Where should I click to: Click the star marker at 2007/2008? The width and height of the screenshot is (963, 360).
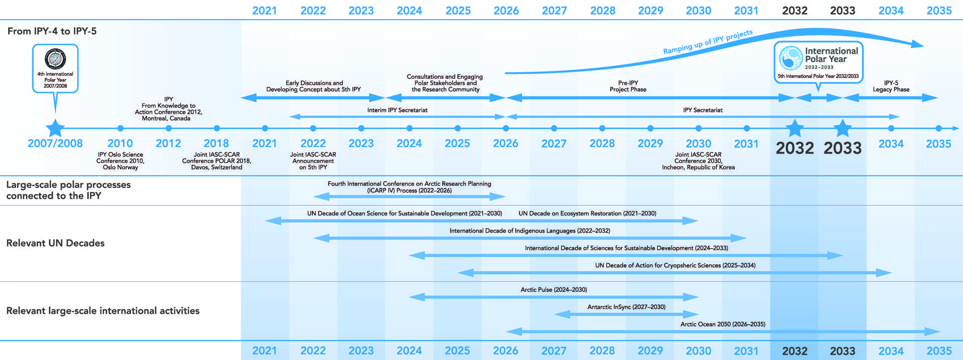(x=55, y=128)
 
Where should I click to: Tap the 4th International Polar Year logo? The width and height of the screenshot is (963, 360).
(x=55, y=59)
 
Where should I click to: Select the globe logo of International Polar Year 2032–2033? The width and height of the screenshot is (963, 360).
(x=791, y=58)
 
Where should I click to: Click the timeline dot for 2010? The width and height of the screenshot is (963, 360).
(x=120, y=128)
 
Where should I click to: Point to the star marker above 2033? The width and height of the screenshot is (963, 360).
(x=843, y=128)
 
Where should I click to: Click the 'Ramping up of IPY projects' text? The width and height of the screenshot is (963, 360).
(x=708, y=42)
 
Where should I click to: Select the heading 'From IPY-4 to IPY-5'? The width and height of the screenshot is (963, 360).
(x=52, y=31)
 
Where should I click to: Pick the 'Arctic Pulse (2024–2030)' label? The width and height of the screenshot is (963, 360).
(x=554, y=290)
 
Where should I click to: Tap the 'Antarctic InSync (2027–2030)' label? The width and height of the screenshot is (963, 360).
(x=626, y=307)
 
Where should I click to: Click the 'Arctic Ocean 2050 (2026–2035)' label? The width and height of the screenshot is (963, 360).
(x=723, y=324)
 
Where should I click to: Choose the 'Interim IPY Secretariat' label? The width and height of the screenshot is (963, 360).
(x=397, y=110)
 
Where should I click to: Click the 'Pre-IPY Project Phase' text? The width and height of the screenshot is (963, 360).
(x=628, y=86)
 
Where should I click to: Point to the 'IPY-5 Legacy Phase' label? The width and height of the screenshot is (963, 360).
(x=891, y=86)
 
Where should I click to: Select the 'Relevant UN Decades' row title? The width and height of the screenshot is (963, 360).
(x=56, y=243)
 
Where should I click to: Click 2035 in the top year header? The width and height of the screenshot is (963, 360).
(x=939, y=11)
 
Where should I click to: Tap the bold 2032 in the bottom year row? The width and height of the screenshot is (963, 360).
(x=794, y=351)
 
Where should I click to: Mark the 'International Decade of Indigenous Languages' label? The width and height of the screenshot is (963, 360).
(x=530, y=231)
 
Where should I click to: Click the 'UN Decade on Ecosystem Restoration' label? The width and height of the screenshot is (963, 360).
(x=587, y=214)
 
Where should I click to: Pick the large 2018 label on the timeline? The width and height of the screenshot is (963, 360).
(x=216, y=143)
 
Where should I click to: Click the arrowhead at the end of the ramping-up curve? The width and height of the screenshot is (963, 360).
(x=918, y=44)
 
